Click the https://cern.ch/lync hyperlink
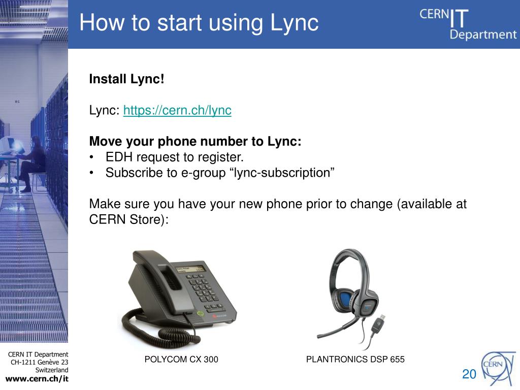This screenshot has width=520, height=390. pos(177,110)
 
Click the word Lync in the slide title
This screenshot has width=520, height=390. pos(295,23)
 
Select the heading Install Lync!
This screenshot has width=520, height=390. pos(126,79)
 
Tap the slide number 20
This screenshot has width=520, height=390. pos(469,374)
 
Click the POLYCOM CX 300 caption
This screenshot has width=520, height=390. pos(181,359)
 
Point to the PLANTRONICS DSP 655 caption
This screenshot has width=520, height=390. pos(355,359)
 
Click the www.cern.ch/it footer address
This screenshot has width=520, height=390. pos(37,378)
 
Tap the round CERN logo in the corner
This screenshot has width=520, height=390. pos(497,369)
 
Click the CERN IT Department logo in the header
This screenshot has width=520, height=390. pos(468,24)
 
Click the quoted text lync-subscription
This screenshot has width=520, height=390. pos(282,173)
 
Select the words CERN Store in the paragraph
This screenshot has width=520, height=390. pos(124,219)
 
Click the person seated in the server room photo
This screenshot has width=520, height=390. pos(31,164)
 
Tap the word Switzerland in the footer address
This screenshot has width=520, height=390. pos(52,370)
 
